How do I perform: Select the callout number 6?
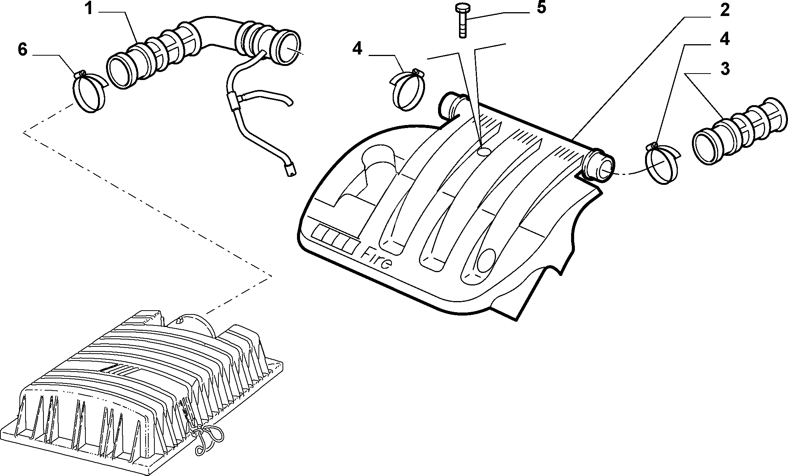(x=22, y=50)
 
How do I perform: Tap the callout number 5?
(x=541, y=8)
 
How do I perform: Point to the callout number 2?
(x=724, y=10)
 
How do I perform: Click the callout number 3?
(x=725, y=69)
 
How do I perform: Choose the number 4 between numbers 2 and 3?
(x=724, y=39)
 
